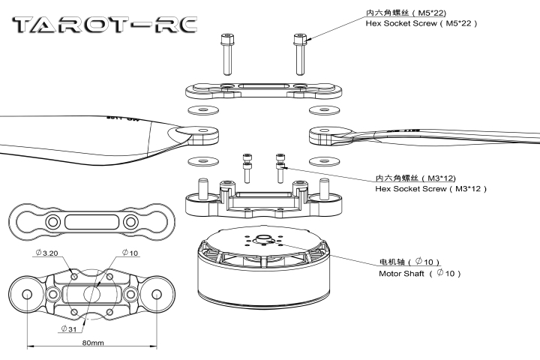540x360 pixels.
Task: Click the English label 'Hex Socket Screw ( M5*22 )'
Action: pyautogui.click(x=421, y=24)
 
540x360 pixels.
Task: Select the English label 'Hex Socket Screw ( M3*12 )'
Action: pyautogui.click(x=430, y=190)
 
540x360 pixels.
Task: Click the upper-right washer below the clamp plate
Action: pyautogui.click(x=323, y=110)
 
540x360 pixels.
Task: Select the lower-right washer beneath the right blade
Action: pyautogui.click(x=323, y=160)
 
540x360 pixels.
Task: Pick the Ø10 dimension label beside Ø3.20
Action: pyautogui.click(x=129, y=253)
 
